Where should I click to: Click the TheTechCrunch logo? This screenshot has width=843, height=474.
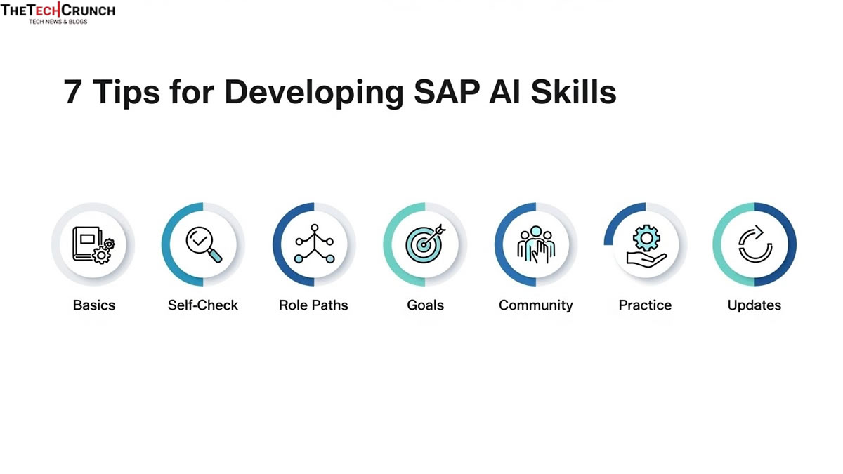point(58,11)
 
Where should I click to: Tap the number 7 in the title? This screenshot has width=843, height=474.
point(73,92)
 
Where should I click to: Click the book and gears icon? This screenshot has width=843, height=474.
point(93,244)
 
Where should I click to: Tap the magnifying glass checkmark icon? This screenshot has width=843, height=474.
point(203,244)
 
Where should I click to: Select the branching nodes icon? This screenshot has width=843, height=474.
point(314,244)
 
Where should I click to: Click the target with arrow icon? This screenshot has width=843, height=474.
point(425,244)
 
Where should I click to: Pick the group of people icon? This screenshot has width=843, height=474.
point(535,244)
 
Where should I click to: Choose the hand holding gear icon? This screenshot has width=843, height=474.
point(645,244)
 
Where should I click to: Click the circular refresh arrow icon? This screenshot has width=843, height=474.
point(755,244)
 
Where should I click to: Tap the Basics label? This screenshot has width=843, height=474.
point(94,305)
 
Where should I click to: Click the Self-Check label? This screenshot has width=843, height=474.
point(203,305)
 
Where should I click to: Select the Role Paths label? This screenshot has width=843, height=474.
point(313,305)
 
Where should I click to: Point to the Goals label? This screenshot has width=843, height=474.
point(425,305)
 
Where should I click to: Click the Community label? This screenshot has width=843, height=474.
point(535,305)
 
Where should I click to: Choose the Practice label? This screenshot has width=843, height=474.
point(645,305)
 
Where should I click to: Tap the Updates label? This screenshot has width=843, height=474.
point(754,305)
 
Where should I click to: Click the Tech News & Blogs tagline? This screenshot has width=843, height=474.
point(58,22)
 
